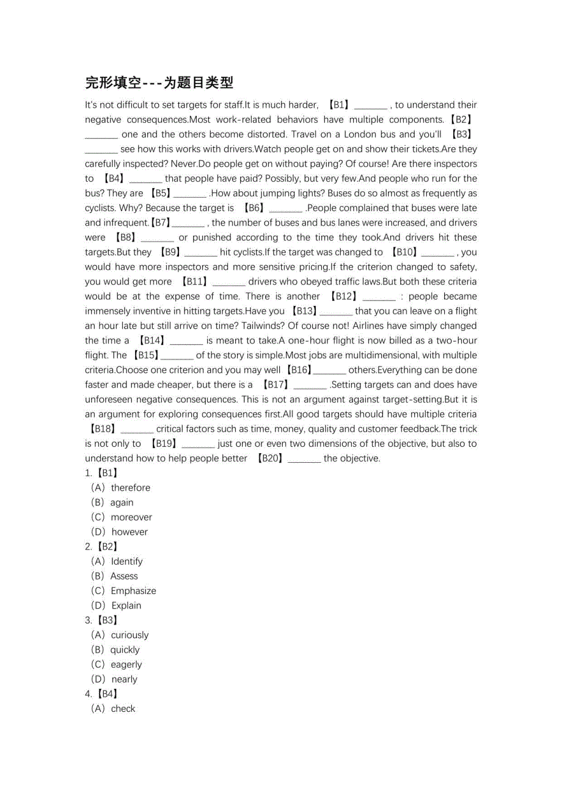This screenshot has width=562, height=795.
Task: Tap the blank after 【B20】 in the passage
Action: point(304,459)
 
